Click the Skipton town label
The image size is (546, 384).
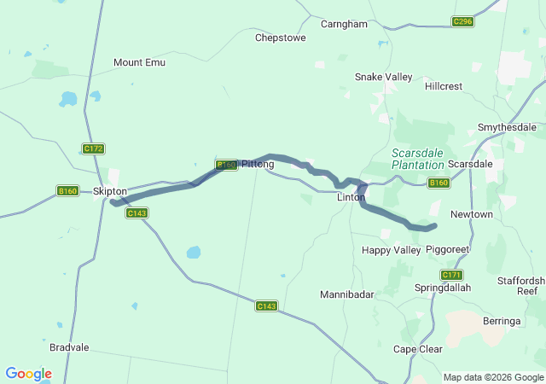(x=110, y=191)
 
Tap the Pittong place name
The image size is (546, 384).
(x=258, y=164)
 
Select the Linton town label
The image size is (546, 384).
(x=351, y=197)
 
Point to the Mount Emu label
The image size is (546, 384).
(x=139, y=62)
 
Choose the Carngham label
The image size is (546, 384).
(x=344, y=24)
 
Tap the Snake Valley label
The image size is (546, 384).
(x=383, y=77)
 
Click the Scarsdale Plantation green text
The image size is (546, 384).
(x=418, y=159)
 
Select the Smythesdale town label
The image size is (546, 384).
(x=507, y=127)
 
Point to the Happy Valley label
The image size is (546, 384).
(x=392, y=250)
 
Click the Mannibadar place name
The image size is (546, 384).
(x=347, y=294)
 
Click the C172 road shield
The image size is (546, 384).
(x=93, y=148)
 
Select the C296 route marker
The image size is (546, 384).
(x=462, y=21)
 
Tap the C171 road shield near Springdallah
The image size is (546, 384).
(x=451, y=275)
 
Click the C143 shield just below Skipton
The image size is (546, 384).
(x=136, y=212)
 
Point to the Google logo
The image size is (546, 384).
(x=28, y=374)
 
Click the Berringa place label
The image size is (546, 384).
(x=502, y=320)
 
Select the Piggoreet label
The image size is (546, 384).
(x=448, y=250)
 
